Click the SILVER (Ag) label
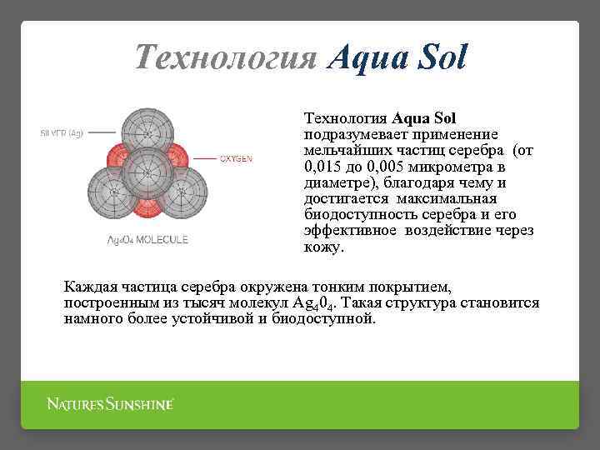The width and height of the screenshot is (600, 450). click(x=62, y=132)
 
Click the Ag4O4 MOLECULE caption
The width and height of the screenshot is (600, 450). click(x=147, y=239)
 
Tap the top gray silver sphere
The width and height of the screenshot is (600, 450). click(x=147, y=131)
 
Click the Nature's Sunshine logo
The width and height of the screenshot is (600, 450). click(x=110, y=404)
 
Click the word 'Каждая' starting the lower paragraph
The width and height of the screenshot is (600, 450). click(x=90, y=287)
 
